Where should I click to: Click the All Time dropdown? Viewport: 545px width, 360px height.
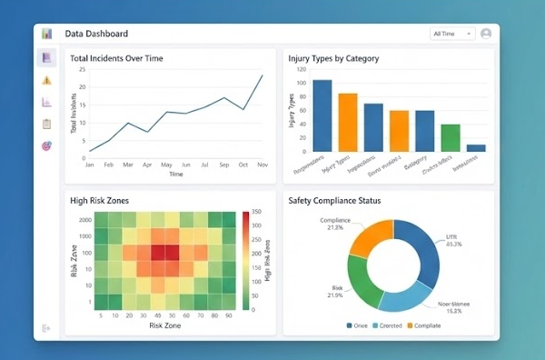[452, 34]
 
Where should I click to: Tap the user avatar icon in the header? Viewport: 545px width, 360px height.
[486, 34]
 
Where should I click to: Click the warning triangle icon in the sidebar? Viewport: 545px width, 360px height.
[46, 80]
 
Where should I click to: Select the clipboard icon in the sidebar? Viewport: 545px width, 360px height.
[46, 124]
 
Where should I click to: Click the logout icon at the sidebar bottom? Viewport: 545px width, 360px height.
[46, 328]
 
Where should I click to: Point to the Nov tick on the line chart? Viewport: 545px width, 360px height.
[263, 165]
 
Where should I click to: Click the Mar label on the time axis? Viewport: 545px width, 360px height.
[127, 165]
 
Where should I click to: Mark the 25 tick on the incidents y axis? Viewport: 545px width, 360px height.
[82, 69]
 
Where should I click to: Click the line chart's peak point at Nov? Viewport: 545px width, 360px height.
[263, 75]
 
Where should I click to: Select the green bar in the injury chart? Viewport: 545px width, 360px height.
[451, 137]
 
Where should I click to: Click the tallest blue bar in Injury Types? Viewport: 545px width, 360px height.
[322, 115]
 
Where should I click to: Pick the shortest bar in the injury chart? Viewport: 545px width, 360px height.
[476, 147]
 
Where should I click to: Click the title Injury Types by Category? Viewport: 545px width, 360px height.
[333, 58]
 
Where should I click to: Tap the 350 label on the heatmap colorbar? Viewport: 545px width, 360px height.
[257, 212]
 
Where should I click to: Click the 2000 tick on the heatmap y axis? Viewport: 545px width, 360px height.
[84, 221]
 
